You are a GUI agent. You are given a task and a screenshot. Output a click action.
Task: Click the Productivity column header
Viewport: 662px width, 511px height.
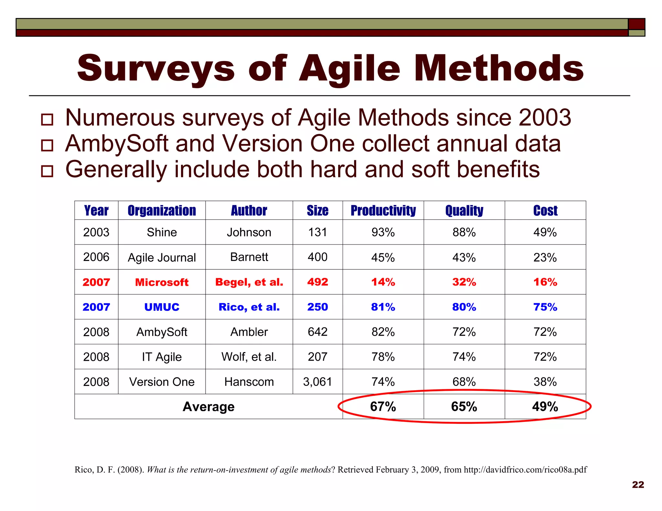pyautogui.click(x=383, y=211)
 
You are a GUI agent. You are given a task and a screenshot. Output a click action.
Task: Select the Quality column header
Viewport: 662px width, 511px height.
pyautogui.click(x=464, y=211)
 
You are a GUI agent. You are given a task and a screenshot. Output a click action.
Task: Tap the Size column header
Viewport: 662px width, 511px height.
pyautogui.click(x=317, y=211)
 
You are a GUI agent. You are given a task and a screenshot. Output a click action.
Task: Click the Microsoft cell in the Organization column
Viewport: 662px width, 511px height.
pyautogui.click(x=162, y=282)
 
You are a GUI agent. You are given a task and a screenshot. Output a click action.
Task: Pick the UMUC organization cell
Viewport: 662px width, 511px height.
pyautogui.click(x=162, y=307)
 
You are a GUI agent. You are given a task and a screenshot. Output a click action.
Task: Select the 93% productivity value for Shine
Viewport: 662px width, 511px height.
pyautogui.click(x=383, y=232)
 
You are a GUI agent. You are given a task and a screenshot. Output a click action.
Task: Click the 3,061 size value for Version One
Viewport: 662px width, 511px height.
pyautogui.click(x=317, y=382)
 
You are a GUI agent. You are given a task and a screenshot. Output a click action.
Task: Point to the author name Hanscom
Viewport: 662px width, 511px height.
pyautogui.click(x=249, y=382)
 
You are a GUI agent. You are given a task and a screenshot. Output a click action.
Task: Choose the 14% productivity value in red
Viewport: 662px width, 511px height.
pyautogui.click(x=383, y=282)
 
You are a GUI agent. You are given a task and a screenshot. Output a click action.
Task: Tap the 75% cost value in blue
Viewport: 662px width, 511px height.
pyautogui.click(x=545, y=307)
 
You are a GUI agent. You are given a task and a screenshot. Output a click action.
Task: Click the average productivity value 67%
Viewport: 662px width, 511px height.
pyautogui.click(x=383, y=407)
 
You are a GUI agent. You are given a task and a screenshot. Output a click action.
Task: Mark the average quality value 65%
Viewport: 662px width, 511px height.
pyautogui.click(x=464, y=407)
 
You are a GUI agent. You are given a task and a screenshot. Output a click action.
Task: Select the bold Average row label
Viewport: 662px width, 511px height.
pyautogui.click(x=208, y=407)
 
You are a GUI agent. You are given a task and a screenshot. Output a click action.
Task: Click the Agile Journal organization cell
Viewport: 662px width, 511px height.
pyautogui.click(x=162, y=258)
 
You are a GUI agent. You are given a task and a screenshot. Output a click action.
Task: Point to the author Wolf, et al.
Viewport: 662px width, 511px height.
pyautogui.click(x=249, y=357)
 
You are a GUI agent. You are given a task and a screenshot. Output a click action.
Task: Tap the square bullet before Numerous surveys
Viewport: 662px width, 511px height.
pyautogui.click(x=47, y=120)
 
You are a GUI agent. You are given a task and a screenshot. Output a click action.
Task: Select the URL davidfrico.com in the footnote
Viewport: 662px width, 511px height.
pyautogui.click(x=525, y=470)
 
